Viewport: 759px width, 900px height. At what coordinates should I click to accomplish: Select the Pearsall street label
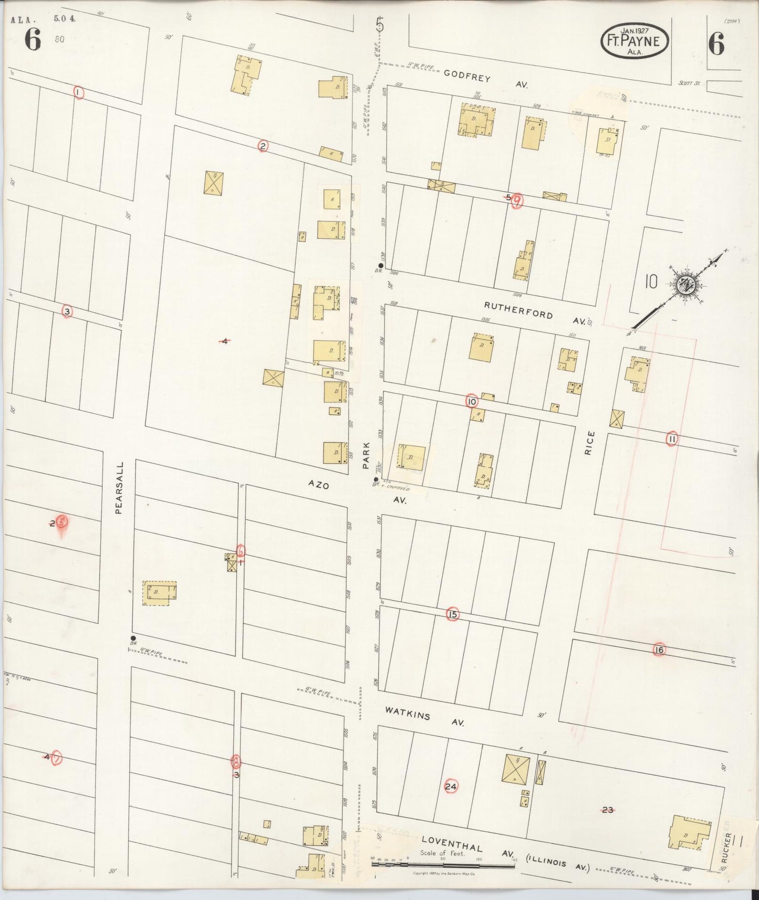click(x=119, y=487)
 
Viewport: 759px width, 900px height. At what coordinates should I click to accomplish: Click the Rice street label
click(x=590, y=442)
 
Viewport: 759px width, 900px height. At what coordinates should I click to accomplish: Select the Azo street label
click(x=318, y=485)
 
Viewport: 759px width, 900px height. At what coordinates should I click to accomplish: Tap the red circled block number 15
click(x=453, y=614)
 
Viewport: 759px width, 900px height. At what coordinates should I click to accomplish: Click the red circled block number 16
click(x=659, y=650)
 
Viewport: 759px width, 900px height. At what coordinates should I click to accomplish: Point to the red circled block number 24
click(x=451, y=786)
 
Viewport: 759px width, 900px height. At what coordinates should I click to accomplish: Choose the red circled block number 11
click(x=671, y=439)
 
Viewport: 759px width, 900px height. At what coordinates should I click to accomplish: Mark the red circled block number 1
click(x=78, y=93)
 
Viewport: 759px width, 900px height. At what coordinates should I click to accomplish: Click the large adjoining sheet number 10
click(x=651, y=282)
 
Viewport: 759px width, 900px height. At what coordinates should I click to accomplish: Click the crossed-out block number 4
click(x=224, y=341)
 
